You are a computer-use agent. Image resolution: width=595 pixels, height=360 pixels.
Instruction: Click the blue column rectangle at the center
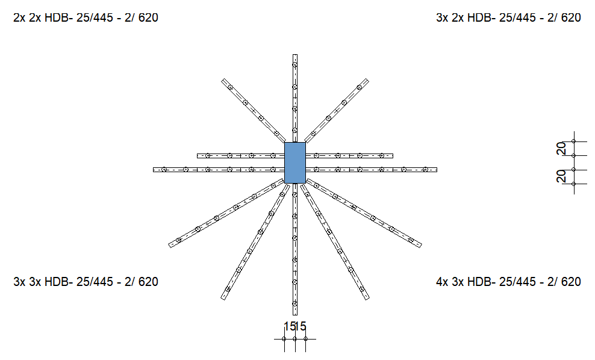(295, 163)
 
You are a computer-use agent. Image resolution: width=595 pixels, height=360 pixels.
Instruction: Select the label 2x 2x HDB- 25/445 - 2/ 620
(86, 18)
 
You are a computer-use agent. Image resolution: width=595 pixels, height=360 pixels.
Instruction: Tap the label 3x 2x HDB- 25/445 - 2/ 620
(508, 18)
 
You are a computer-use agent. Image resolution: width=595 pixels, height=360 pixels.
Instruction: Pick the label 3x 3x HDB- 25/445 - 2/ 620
(86, 282)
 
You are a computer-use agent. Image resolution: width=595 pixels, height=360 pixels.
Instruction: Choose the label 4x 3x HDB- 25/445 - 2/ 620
(508, 282)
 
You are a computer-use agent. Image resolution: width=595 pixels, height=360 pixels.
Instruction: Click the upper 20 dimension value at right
(561, 148)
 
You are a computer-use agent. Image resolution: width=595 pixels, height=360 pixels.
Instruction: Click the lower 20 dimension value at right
(561, 176)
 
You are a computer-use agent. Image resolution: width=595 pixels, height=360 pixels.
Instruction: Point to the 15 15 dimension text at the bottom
(295, 326)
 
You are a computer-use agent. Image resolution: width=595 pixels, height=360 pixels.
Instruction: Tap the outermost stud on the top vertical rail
(295, 65)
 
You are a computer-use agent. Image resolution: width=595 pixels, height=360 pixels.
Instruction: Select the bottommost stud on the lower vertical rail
(295, 303)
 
